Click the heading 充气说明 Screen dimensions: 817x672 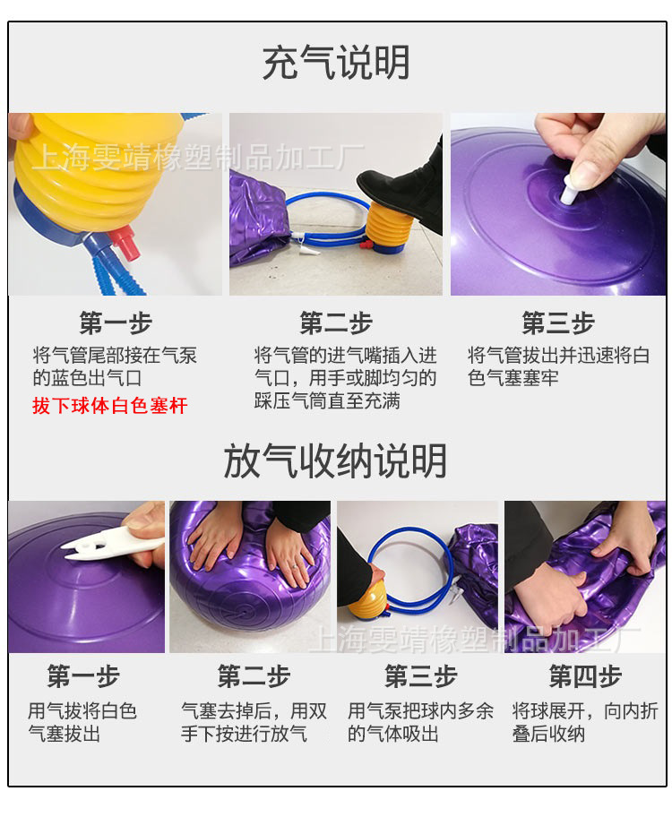click(x=336, y=64)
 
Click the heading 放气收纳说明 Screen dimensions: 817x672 click(x=335, y=461)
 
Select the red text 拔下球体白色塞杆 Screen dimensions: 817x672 click(x=110, y=406)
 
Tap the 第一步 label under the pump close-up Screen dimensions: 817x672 click(x=116, y=323)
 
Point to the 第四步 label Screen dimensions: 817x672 click(x=584, y=676)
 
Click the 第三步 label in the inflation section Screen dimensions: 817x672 click(x=557, y=323)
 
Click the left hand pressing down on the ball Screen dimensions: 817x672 click(x=215, y=542)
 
